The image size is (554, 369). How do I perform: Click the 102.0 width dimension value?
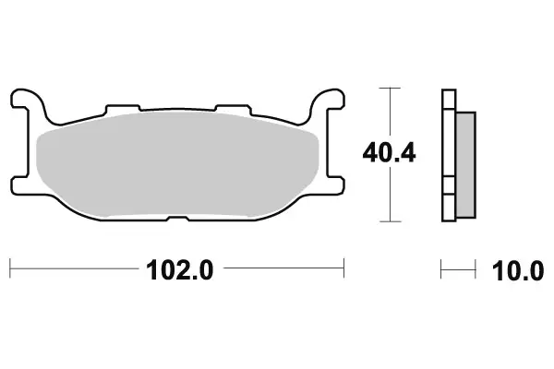pyautogui.click(x=178, y=270)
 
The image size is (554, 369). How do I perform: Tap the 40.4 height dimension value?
pyautogui.click(x=390, y=152)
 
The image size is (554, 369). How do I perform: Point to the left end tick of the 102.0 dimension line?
pyautogui.click(x=10, y=270)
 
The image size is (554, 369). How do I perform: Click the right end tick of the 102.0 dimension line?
pyautogui.click(x=344, y=270)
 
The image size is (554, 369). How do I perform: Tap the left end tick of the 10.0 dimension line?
pyautogui.click(x=442, y=270)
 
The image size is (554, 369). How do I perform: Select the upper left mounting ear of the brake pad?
pyautogui.click(x=28, y=99)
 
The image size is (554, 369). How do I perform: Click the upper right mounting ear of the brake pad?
pyautogui.click(x=328, y=99)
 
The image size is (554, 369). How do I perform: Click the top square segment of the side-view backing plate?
pyautogui.click(x=449, y=98)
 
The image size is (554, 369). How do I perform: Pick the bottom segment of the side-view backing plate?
pyautogui.click(x=449, y=208)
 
